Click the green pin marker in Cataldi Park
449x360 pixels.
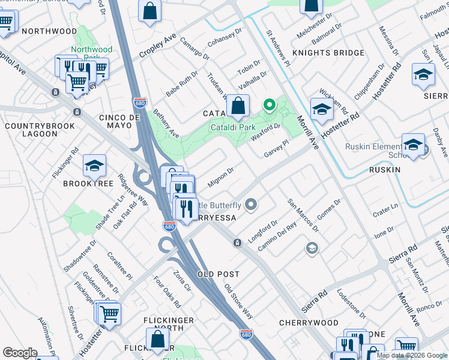click(x=270, y=107)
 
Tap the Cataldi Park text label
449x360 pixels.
click(x=233, y=127)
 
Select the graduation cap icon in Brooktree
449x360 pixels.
click(x=94, y=167)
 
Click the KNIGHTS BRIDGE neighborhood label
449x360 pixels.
click(x=328, y=53)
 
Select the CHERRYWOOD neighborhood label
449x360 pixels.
click(x=309, y=323)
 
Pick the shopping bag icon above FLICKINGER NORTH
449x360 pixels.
click(x=157, y=340)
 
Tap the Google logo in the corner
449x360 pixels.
click(x=19, y=353)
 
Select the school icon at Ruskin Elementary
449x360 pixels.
click(x=413, y=146)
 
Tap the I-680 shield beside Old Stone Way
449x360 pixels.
click(x=246, y=334)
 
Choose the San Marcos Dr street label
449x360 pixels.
click(x=303, y=215)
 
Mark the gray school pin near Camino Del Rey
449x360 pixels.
click(x=312, y=248)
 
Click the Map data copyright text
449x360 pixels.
click(x=411, y=355)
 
